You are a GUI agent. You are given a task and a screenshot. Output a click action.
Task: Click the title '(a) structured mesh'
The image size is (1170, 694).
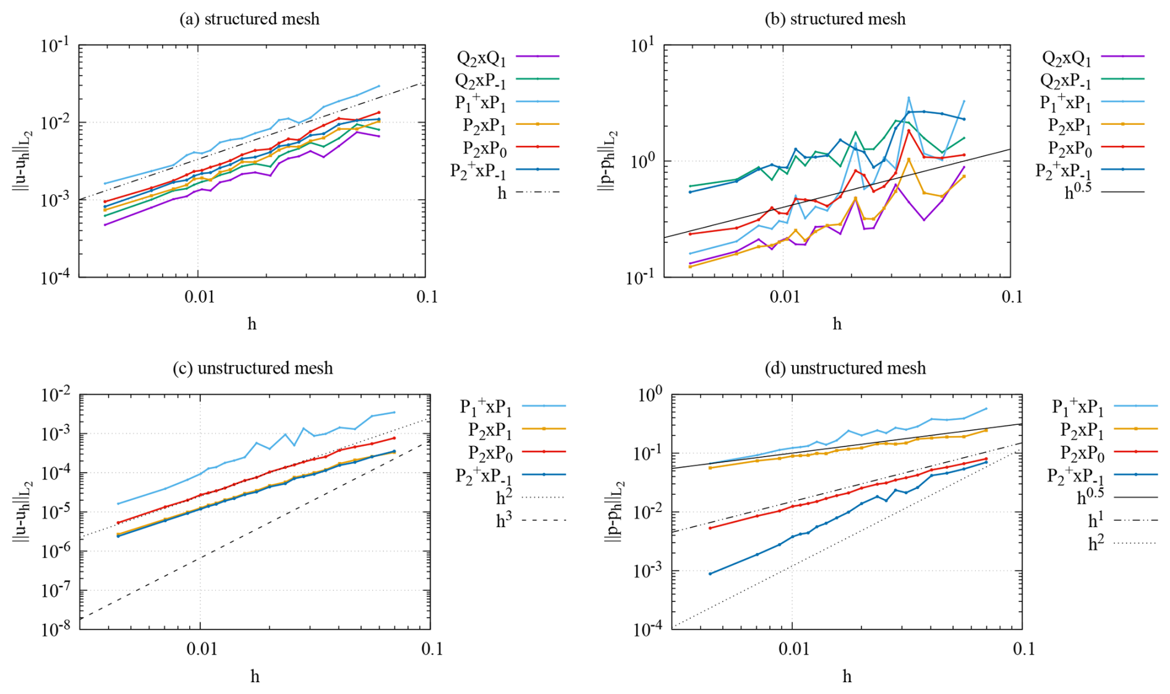point(249,19)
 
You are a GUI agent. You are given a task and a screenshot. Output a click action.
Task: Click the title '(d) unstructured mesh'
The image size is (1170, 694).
point(845,369)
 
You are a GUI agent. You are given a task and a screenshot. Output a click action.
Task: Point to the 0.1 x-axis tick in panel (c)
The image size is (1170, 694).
point(432,649)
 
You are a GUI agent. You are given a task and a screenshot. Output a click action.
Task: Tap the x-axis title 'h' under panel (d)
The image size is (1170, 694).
point(847,676)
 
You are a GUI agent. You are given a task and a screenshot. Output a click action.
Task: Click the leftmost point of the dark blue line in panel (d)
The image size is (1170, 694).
point(710,574)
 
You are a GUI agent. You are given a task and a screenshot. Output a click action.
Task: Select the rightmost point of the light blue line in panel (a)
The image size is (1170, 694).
point(378,86)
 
